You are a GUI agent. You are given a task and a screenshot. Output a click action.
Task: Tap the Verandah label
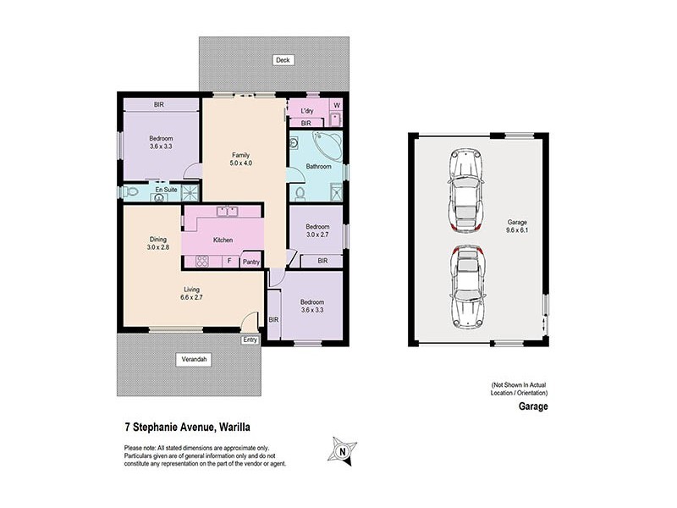click(x=194, y=360)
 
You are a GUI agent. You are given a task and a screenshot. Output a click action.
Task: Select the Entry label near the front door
click(x=250, y=340)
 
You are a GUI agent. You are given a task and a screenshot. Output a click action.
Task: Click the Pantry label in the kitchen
click(x=251, y=262)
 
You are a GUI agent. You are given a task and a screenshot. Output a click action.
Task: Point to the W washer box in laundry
click(x=336, y=106)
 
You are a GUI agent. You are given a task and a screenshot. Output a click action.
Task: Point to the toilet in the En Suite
click(x=129, y=193)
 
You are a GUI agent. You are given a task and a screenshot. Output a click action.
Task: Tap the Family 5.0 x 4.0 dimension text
click(x=240, y=159)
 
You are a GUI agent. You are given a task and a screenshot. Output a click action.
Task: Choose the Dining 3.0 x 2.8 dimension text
click(x=158, y=243)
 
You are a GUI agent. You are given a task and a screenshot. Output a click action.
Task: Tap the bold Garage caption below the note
click(x=533, y=406)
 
